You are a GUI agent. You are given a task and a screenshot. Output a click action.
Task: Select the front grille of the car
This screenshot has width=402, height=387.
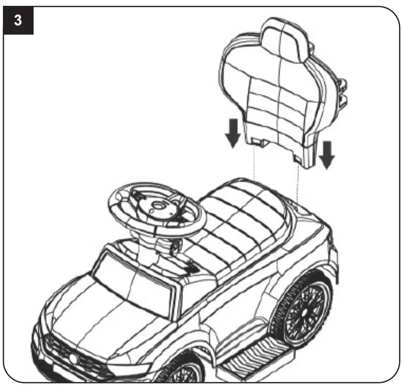point(73,353)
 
